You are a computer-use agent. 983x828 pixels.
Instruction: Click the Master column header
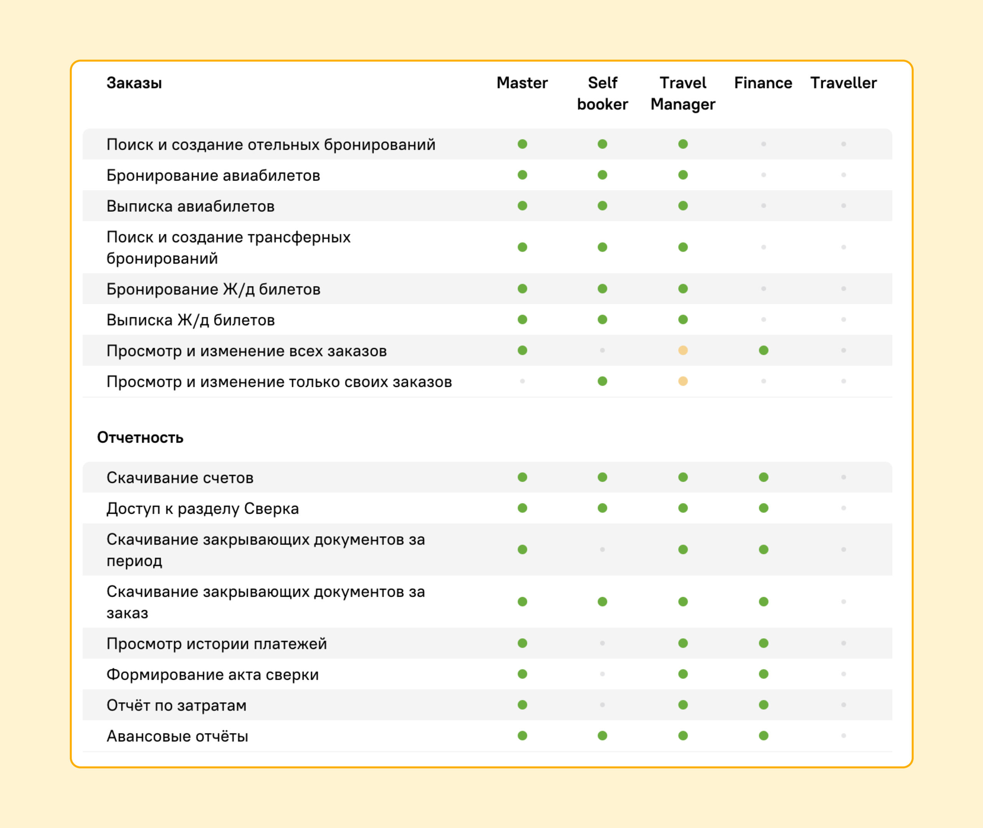(x=522, y=83)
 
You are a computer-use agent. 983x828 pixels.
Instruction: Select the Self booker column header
(x=602, y=93)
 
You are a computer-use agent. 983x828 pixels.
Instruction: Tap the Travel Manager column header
(x=683, y=93)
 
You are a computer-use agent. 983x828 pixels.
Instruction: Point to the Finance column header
(x=763, y=83)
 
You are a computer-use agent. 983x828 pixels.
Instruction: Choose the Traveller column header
(x=843, y=83)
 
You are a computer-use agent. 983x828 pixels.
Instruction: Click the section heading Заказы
(x=134, y=83)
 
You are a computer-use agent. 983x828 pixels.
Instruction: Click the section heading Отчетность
(x=140, y=437)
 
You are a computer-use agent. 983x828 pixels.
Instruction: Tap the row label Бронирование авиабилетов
(x=213, y=176)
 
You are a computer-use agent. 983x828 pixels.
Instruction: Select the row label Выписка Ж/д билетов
(x=190, y=320)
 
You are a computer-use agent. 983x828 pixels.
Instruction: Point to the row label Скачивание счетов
(x=180, y=478)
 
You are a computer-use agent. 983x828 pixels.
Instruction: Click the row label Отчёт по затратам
(x=176, y=705)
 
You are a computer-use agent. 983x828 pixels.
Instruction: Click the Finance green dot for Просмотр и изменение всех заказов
(x=763, y=351)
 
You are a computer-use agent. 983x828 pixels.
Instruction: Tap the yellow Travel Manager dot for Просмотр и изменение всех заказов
(x=683, y=351)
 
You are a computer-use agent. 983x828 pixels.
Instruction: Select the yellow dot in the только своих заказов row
(x=683, y=381)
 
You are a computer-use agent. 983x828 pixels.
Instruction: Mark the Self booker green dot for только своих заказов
(x=602, y=381)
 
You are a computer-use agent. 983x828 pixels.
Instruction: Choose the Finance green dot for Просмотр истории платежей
(x=763, y=643)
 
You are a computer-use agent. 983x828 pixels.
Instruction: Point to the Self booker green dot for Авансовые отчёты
(x=602, y=735)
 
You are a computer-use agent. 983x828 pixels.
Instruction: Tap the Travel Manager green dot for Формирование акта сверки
(x=683, y=674)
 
